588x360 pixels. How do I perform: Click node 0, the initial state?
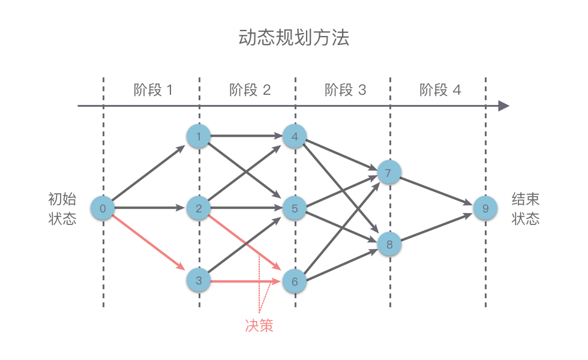(x=103, y=208)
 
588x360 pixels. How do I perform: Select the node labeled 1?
(x=199, y=137)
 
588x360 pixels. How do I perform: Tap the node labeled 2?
(x=199, y=208)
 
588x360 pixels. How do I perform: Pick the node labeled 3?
(x=199, y=280)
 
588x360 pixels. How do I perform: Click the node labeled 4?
(x=294, y=137)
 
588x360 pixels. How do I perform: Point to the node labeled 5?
(x=294, y=208)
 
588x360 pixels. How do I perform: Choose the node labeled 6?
(x=294, y=280)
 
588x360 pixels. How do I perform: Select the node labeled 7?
(x=388, y=173)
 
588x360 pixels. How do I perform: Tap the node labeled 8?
(x=389, y=244)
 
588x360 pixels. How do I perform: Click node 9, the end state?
(x=485, y=208)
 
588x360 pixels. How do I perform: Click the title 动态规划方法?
(x=293, y=38)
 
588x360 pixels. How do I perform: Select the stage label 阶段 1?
(x=153, y=90)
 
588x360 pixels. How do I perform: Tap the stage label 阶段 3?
(x=345, y=90)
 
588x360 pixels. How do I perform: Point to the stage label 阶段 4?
(x=440, y=90)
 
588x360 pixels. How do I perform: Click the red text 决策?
(x=259, y=325)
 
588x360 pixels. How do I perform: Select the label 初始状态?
(x=62, y=208)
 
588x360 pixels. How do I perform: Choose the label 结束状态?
(x=526, y=208)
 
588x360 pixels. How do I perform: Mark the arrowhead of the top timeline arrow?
(x=504, y=106)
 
